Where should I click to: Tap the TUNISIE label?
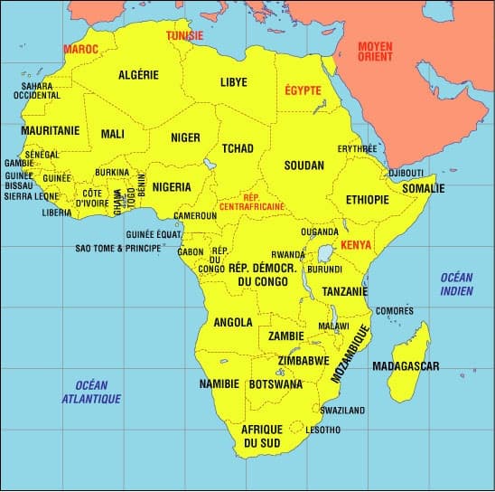185,36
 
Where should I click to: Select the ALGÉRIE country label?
138,75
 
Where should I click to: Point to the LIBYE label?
233,82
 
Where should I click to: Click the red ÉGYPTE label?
304,90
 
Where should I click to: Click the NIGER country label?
185,138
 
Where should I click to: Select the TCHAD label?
238,148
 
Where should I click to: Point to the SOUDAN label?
303,167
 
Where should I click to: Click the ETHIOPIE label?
367,200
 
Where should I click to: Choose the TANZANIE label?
344,291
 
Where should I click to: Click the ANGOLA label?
232,322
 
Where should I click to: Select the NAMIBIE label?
219,384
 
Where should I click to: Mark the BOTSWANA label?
276,384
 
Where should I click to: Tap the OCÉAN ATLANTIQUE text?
91,392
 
